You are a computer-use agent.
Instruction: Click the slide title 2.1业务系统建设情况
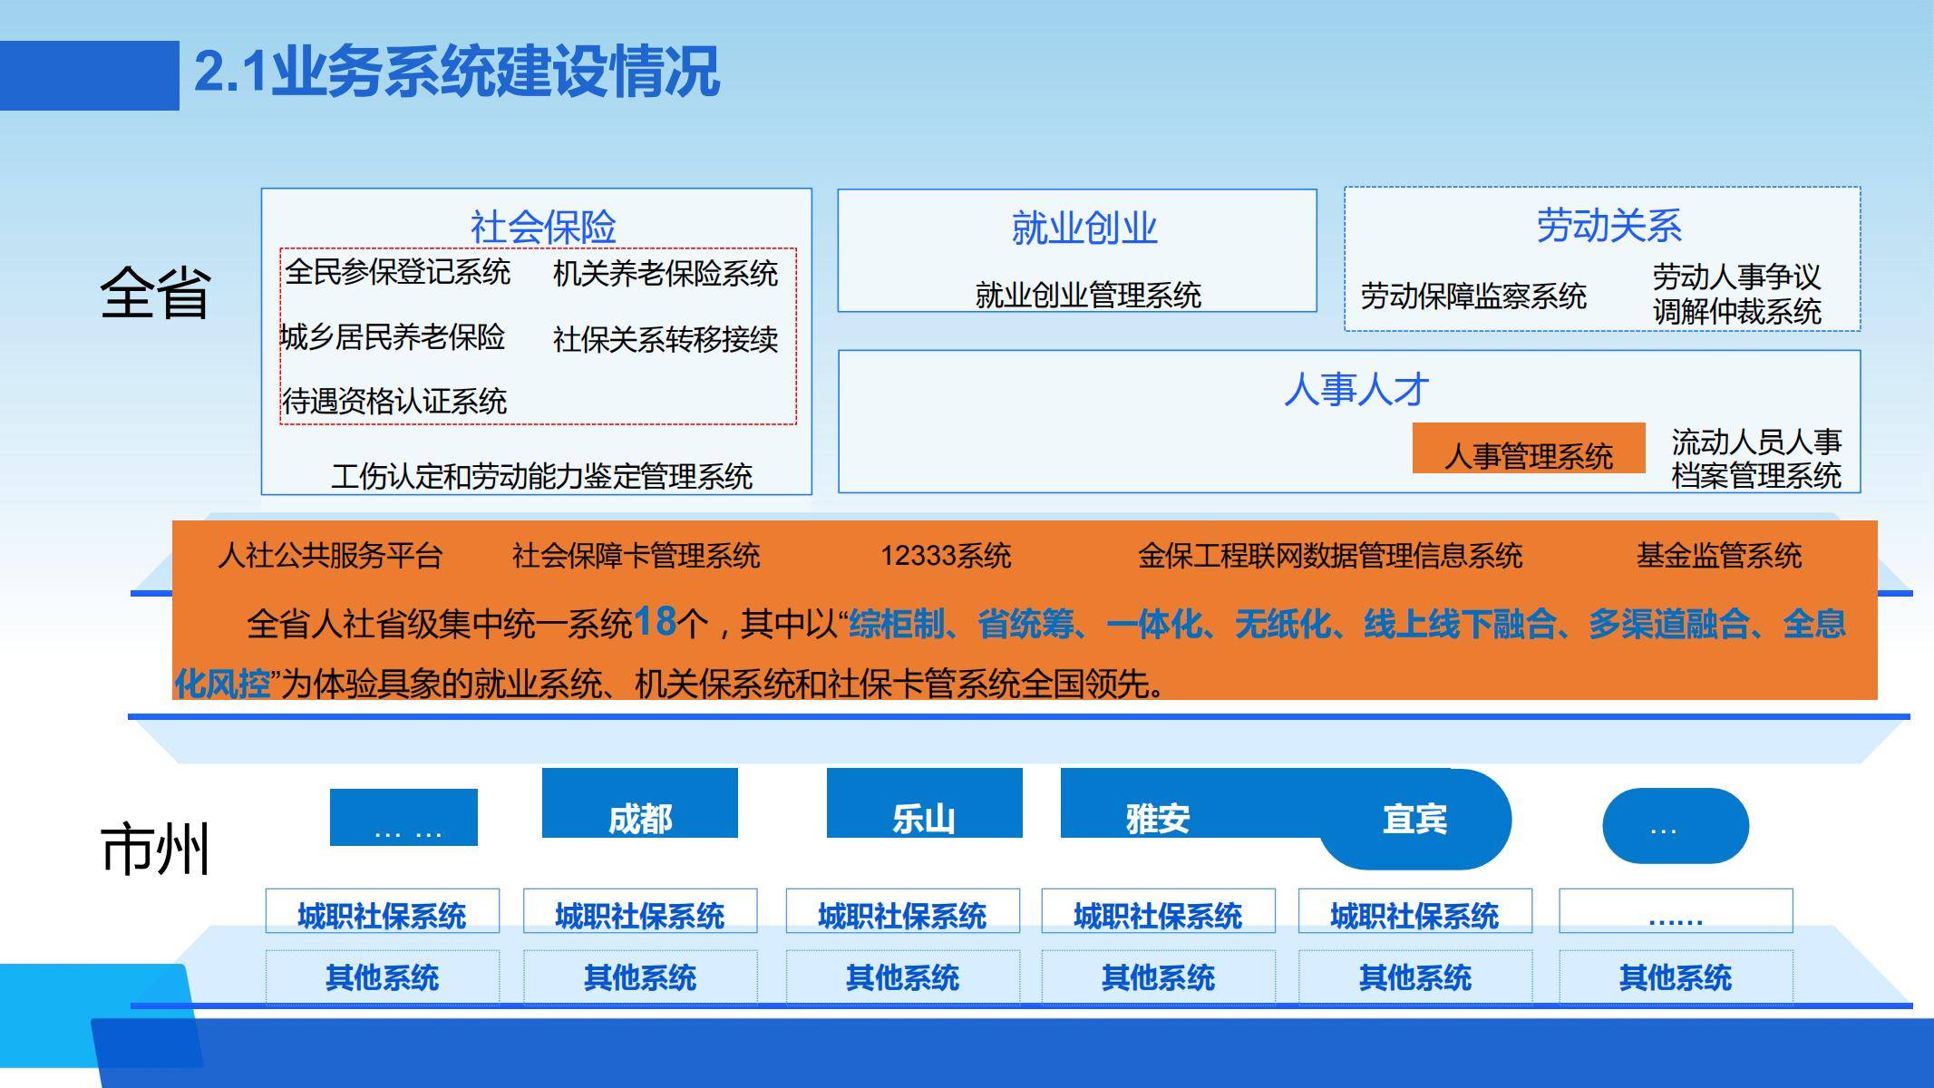[457, 72]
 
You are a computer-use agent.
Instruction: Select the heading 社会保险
[543, 227]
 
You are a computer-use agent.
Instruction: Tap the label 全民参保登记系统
[398, 272]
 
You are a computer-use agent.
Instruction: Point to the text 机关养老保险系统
[666, 274]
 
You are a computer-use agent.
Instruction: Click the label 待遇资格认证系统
[394, 401]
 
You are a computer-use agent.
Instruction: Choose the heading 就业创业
[1084, 228]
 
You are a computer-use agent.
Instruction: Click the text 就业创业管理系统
[1088, 295]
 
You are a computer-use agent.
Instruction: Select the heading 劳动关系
[1608, 226]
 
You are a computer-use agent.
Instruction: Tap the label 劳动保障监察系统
[1473, 296]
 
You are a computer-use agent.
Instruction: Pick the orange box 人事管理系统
[1529, 448]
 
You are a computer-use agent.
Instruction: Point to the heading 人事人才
[1356, 390]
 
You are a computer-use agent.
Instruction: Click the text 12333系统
[946, 555]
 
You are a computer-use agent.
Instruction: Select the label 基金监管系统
[1719, 555]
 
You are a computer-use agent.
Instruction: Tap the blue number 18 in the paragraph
[655, 621]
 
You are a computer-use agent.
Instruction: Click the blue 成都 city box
[640, 803]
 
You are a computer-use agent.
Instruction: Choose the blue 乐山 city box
[925, 803]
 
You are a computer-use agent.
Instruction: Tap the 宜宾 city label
[1414, 819]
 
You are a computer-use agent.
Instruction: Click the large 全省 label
[155, 293]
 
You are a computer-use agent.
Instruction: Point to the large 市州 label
[155, 849]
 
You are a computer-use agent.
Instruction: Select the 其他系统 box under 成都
[640, 977]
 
